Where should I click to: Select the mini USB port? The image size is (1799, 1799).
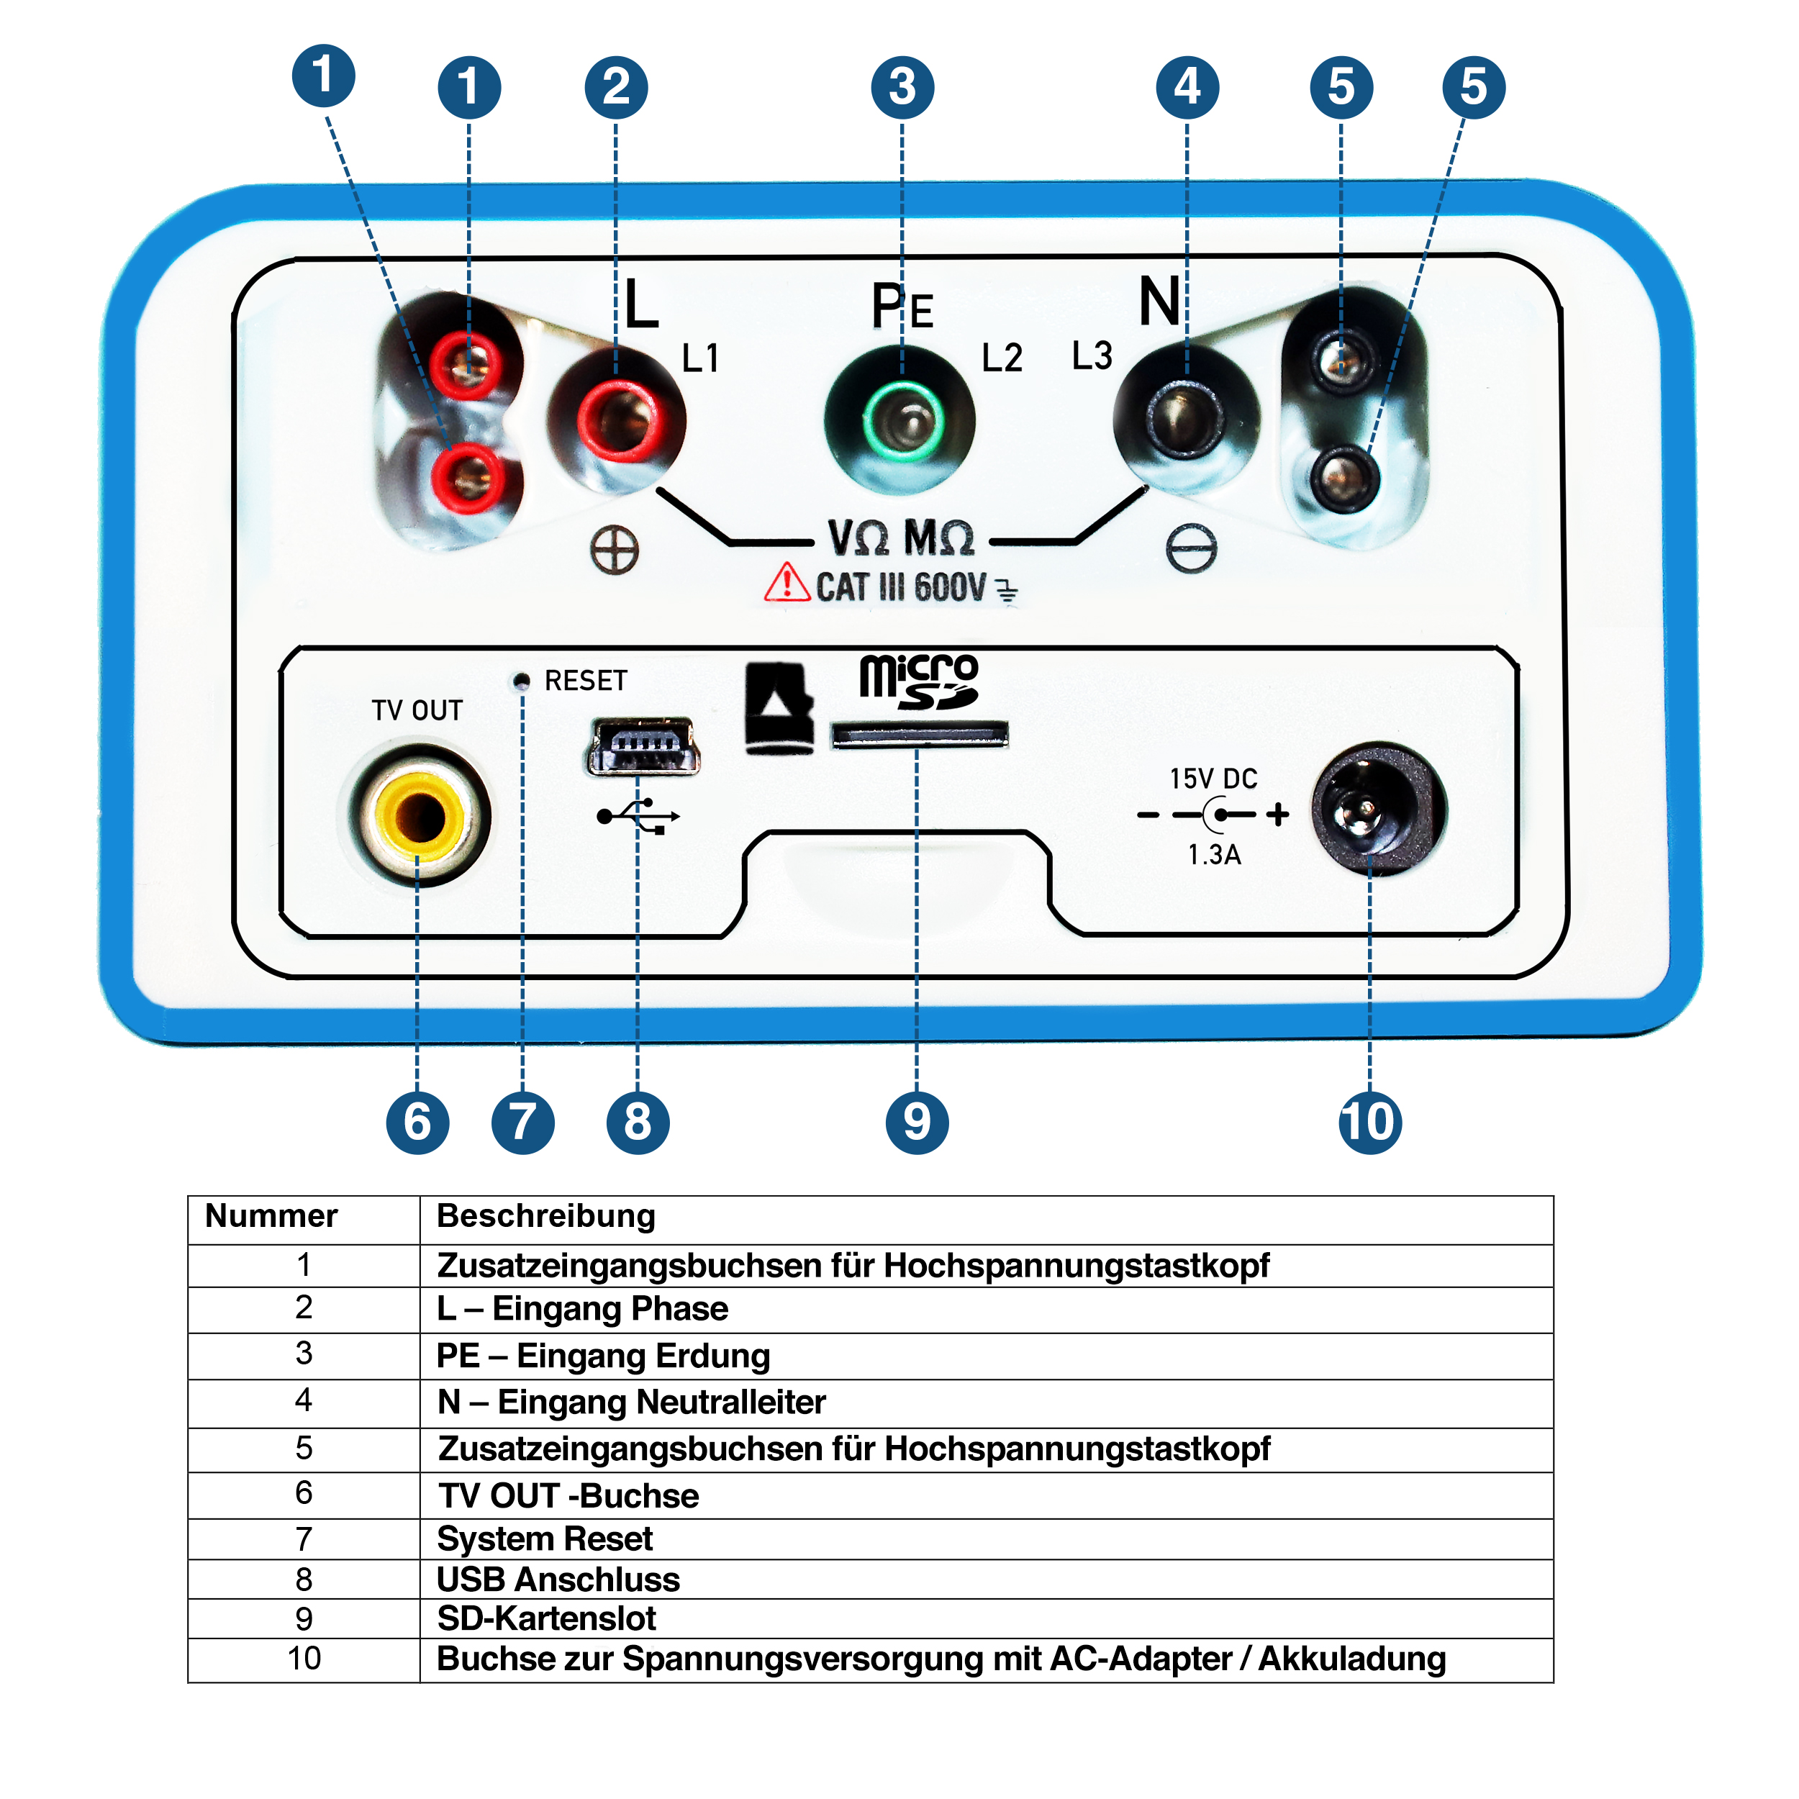click(643, 746)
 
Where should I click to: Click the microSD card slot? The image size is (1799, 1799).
click(918, 735)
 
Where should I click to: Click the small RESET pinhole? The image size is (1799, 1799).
click(522, 681)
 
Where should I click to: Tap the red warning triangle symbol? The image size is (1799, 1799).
click(787, 583)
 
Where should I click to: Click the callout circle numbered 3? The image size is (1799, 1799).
click(902, 88)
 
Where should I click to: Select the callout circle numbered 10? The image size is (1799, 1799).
click(1369, 1122)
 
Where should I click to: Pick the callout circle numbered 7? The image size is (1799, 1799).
click(522, 1122)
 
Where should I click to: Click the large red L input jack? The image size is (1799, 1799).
click(617, 418)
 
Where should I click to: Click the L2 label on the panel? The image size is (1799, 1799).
click(1002, 358)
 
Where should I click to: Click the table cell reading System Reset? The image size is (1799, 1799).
click(545, 1539)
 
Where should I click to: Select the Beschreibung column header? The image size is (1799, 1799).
click(545, 1216)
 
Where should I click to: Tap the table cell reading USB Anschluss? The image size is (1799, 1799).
click(558, 1580)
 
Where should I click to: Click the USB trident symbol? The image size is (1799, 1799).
click(639, 816)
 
